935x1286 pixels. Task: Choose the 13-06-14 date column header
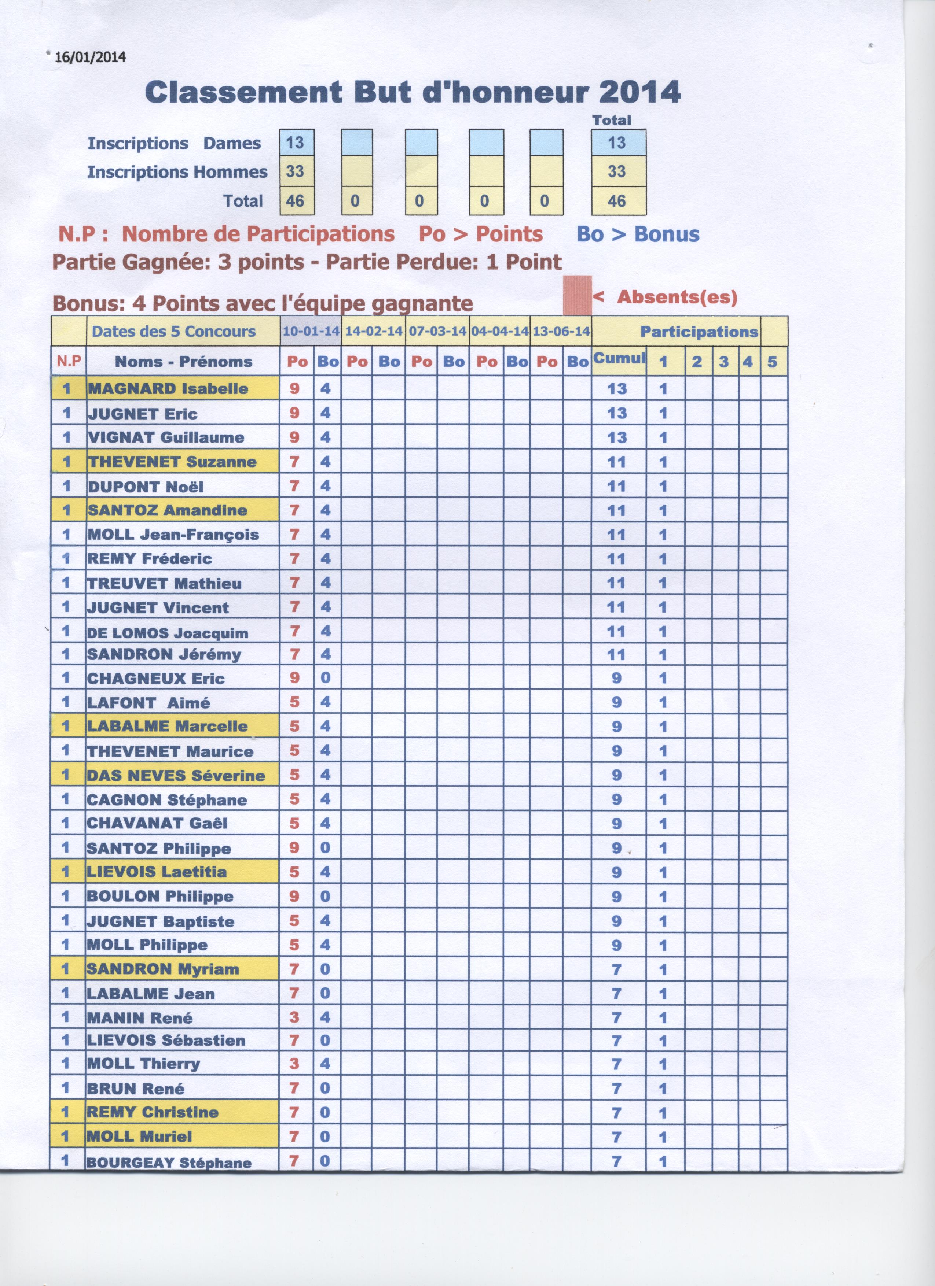click(561, 332)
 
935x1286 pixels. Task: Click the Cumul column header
click(619, 358)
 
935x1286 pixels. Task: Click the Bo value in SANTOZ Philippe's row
click(325, 848)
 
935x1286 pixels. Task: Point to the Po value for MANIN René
click(294, 1017)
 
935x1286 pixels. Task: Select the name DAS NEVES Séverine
click(176, 776)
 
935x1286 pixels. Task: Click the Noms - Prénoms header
click(183, 362)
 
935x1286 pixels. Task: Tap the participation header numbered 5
click(772, 362)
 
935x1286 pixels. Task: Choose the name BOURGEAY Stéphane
click(169, 1163)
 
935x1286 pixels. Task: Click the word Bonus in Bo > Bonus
click(667, 234)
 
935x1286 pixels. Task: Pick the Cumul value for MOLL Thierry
click(617, 1065)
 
